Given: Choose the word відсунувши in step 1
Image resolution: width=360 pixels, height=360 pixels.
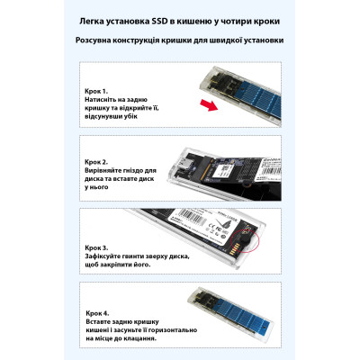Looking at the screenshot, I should pyautogui.click(x=110, y=121).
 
